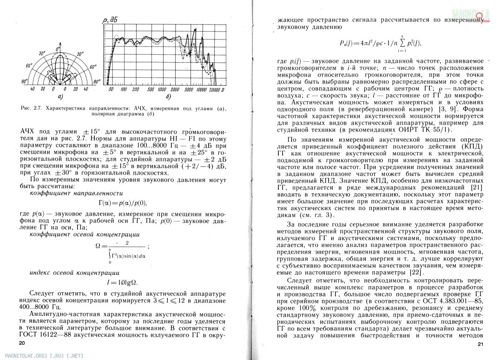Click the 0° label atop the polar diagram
(x=58, y=48)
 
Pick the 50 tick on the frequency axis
(x=111, y=89)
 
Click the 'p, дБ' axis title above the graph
(x=110, y=19)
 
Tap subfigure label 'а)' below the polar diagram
(x=59, y=97)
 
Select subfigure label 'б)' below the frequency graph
(x=167, y=97)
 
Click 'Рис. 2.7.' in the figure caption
(x=32, y=108)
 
